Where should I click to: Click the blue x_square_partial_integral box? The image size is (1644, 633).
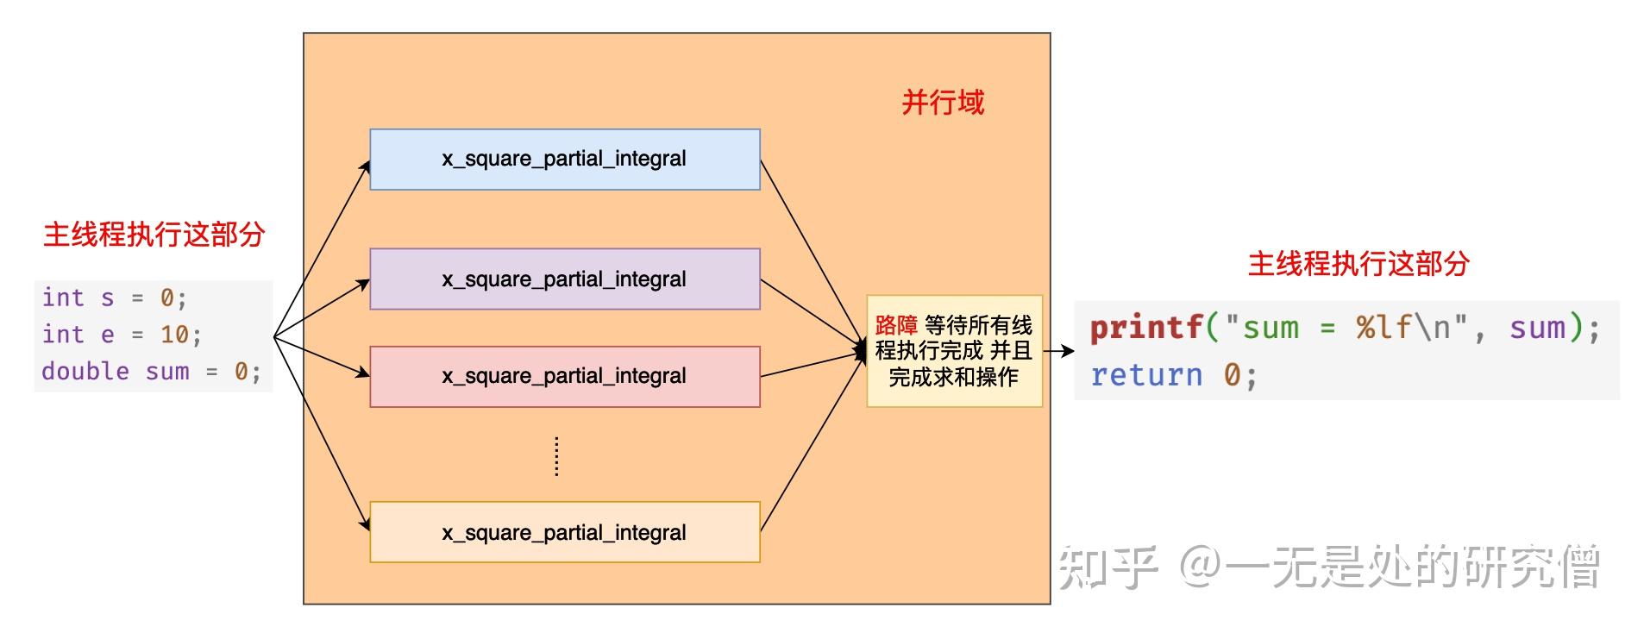tap(564, 160)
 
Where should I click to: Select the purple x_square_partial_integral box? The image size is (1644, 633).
tap(564, 279)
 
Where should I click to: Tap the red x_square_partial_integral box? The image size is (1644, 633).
tap(564, 377)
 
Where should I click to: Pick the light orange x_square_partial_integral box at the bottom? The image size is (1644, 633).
tap(564, 532)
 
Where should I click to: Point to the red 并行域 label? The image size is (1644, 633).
tap(942, 103)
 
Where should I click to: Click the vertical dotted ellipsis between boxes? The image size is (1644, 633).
tap(556, 456)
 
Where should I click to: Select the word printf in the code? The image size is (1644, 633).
tap(1146, 328)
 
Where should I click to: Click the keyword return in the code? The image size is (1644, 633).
tap(1145, 375)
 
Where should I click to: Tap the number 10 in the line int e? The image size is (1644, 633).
tap(174, 335)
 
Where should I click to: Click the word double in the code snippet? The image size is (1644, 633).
tap(85, 372)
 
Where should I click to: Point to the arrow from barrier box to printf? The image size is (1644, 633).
tap(1058, 351)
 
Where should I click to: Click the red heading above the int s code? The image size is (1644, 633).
tap(154, 235)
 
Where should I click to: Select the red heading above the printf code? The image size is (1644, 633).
tap(1358, 264)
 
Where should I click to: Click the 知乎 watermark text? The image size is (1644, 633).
tap(1108, 567)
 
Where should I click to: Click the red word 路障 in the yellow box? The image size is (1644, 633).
tap(895, 325)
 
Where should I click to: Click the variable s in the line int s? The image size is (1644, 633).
tap(107, 298)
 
